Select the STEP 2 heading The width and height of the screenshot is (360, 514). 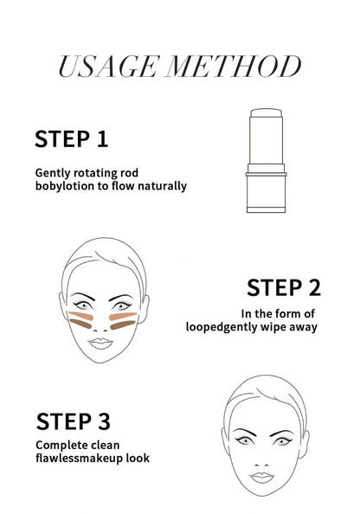(x=284, y=287)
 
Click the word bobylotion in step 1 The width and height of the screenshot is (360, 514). (x=66, y=186)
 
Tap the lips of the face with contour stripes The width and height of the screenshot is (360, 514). (x=97, y=341)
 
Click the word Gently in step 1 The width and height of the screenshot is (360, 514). (x=54, y=172)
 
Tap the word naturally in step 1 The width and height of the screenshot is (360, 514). (x=159, y=186)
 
